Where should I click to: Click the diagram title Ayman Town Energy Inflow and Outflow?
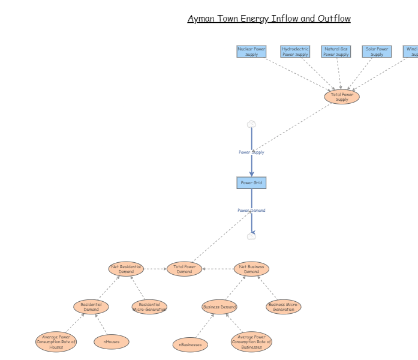(x=269, y=19)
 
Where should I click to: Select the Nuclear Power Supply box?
(x=251, y=52)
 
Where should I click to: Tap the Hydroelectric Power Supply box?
(x=295, y=52)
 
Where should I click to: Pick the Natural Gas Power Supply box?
(x=336, y=52)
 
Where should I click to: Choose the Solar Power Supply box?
(x=377, y=52)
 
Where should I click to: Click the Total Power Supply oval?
(x=342, y=97)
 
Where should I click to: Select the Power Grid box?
(x=251, y=182)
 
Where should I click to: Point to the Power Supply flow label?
(x=251, y=152)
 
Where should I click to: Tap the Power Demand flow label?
(x=251, y=211)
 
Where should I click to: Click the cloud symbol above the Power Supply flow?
(x=251, y=124)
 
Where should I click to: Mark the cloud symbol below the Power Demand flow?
(x=251, y=236)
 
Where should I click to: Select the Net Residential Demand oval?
(x=127, y=269)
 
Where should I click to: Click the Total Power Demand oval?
(x=185, y=269)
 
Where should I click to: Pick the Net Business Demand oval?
(x=251, y=269)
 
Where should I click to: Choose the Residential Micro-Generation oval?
(x=149, y=307)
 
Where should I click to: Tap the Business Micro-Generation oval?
(x=283, y=307)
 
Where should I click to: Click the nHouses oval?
(x=112, y=342)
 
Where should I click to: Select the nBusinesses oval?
(x=191, y=345)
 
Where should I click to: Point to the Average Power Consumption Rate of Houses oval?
(x=56, y=342)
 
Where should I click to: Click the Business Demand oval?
(x=219, y=307)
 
